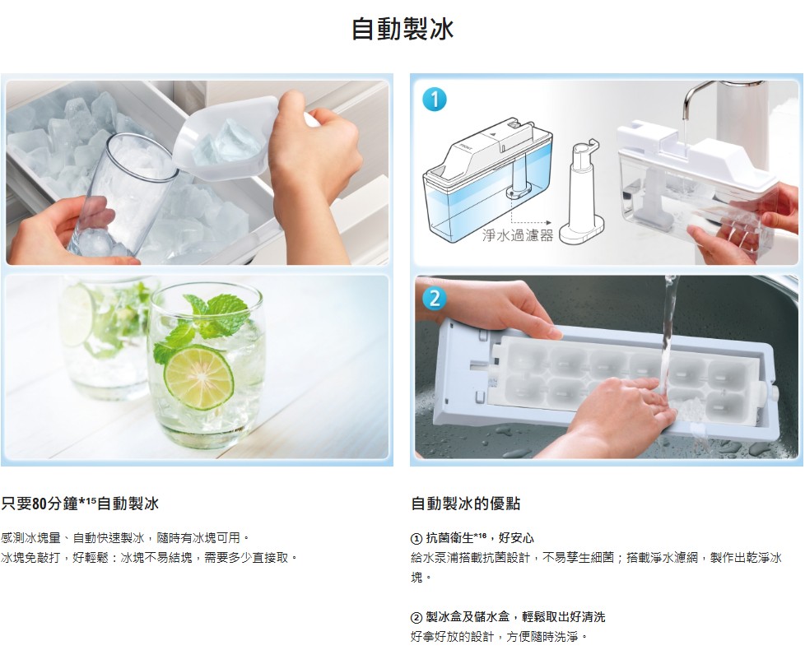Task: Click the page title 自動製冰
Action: (402, 29)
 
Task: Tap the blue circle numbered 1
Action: (435, 99)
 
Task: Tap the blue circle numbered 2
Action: (435, 298)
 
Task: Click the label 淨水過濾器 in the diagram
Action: (518, 235)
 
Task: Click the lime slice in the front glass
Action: (198, 377)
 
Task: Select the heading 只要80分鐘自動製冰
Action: (80, 504)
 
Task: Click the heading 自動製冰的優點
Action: (466, 504)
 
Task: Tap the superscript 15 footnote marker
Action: (91, 499)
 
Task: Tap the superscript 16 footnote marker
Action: (481, 535)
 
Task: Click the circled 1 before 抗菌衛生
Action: (416, 538)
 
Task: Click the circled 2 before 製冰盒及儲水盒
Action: (416, 617)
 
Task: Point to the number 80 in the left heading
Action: (40, 504)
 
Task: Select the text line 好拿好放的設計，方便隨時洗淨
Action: (499, 637)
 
